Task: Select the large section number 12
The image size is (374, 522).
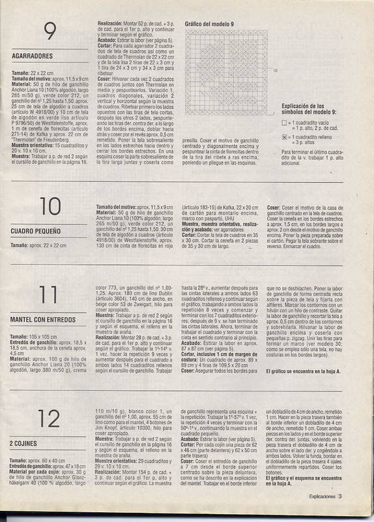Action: click(50, 417)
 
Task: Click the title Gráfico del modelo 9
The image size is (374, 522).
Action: click(209, 23)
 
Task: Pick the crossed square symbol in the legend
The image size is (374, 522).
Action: click(285, 138)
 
